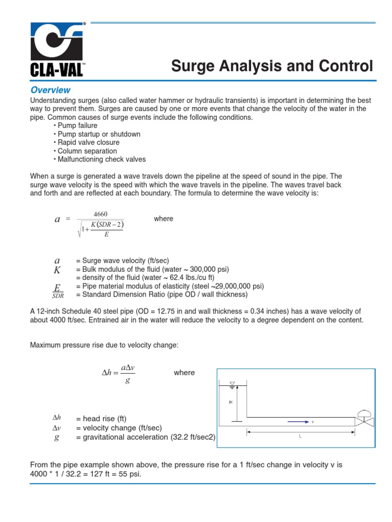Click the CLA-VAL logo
tap(57, 50)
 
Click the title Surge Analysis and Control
tap(272, 66)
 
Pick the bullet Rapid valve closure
tap(88, 143)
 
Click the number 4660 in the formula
tap(100, 214)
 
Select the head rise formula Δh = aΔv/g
tap(118, 374)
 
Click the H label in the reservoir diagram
tap(231, 403)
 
